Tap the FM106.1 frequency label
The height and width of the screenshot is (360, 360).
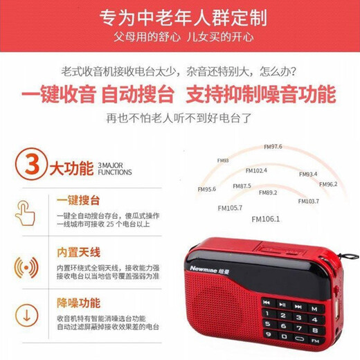click(x=267, y=219)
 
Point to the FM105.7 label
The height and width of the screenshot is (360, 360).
click(x=230, y=208)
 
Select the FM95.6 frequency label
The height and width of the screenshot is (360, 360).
click(x=206, y=189)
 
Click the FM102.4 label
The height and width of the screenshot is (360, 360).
click(x=255, y=170)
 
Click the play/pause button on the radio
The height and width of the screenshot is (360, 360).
click(x=282, y=304)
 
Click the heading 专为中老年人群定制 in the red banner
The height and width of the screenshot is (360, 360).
click(x=180, y=17)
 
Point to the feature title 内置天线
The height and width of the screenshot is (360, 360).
click(x=78, y=252)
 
